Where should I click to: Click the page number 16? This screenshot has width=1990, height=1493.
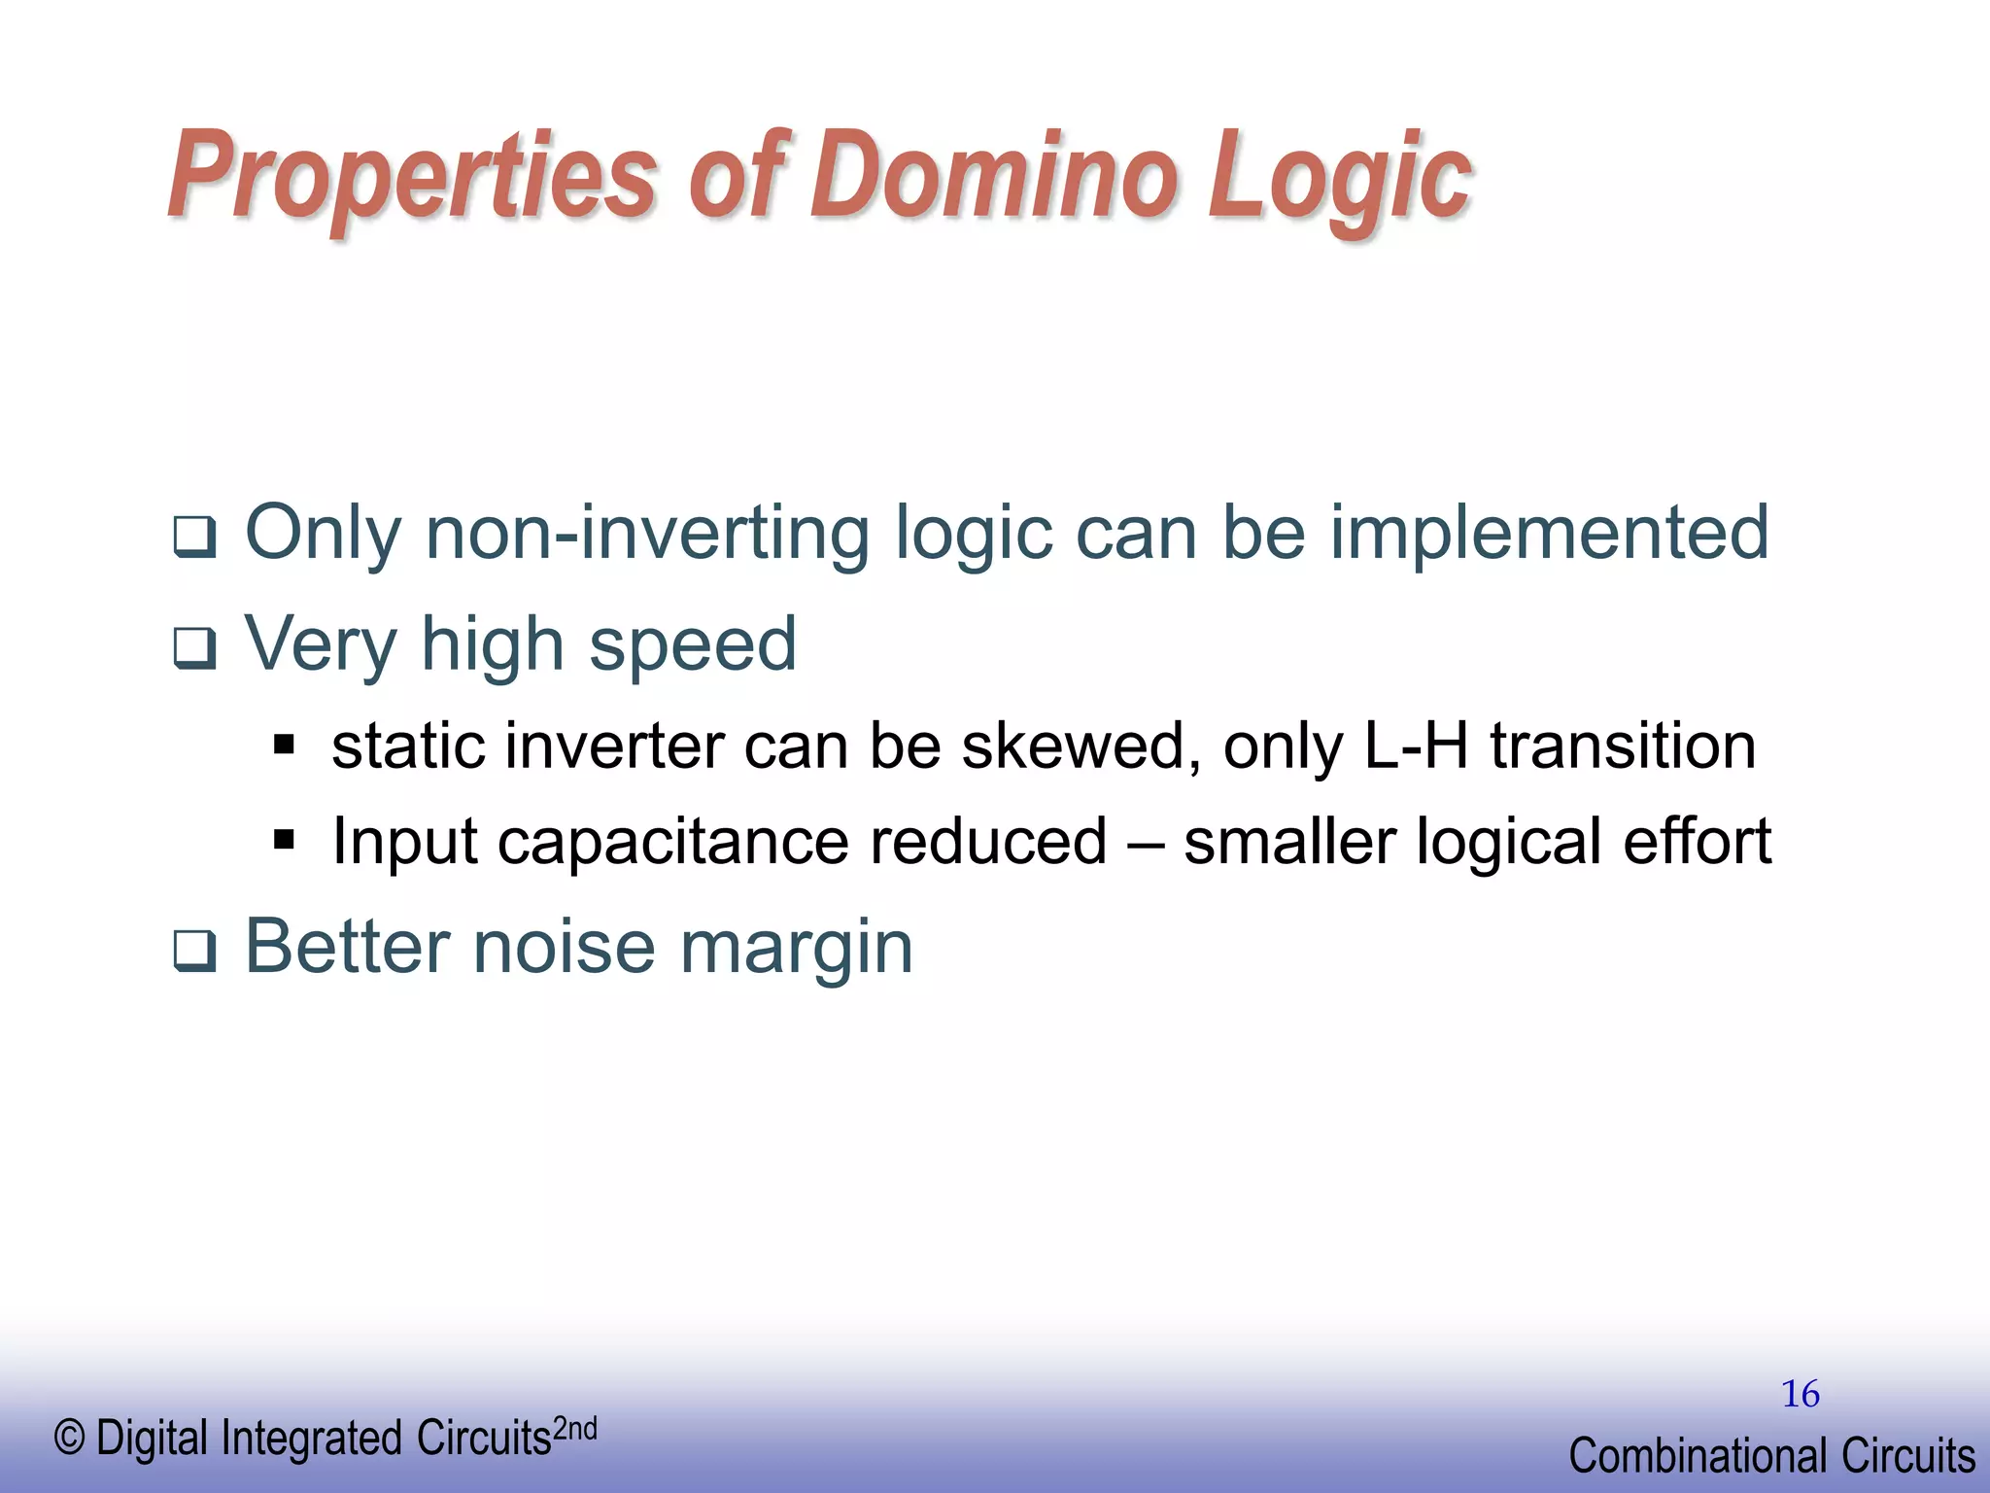point(1800,1394)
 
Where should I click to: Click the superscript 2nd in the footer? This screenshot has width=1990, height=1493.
point(574,1430)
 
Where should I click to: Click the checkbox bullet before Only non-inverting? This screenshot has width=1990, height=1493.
point(194,538)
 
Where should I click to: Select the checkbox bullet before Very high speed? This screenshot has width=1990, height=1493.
point(194,648)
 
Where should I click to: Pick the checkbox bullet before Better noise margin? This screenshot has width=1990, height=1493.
point(194,952)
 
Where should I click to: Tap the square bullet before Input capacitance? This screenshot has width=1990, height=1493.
point(284,839)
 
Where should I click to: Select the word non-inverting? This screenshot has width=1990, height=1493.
point(649,533)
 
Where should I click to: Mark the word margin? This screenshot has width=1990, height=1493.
point(797,948)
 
